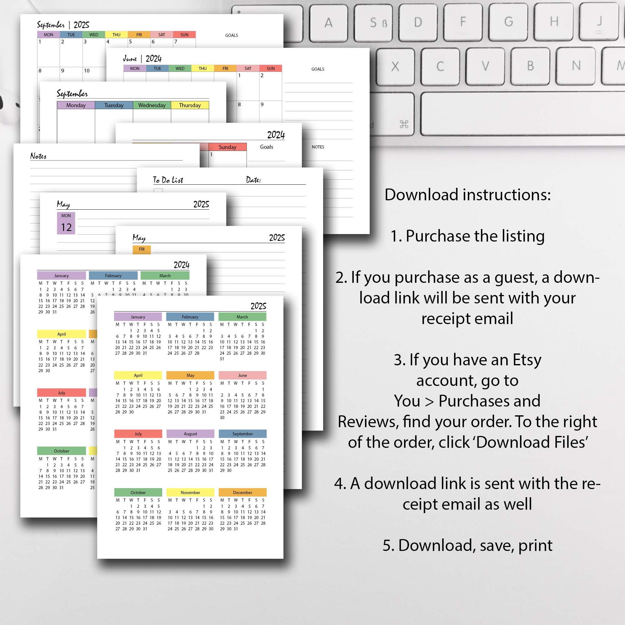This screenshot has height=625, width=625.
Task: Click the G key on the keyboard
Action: point(508,22)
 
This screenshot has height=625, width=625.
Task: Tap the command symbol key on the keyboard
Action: point(404,124)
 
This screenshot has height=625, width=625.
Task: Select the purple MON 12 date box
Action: point(66,223)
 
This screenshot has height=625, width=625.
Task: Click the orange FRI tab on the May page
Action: point(142,249)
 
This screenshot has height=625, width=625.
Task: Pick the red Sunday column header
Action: point(227,147)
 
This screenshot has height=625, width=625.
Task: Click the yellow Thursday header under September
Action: point(190,105)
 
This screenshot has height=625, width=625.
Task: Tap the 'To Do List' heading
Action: point(168,180)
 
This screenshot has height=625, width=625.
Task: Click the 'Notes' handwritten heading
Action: point(38,156)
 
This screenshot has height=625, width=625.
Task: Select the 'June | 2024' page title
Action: point(142,58)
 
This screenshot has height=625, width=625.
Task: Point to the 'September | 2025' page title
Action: point(63,25)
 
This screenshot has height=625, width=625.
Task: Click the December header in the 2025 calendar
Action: point(242,492)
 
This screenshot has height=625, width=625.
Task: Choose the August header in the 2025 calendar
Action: point(190,434)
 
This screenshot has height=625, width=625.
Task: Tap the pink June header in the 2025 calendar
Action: point(242,375)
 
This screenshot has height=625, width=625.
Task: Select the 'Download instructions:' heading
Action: point(467,195)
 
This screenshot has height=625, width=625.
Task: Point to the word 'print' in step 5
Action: point(535,545)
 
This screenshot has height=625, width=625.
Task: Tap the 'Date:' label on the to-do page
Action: point(253,180)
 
